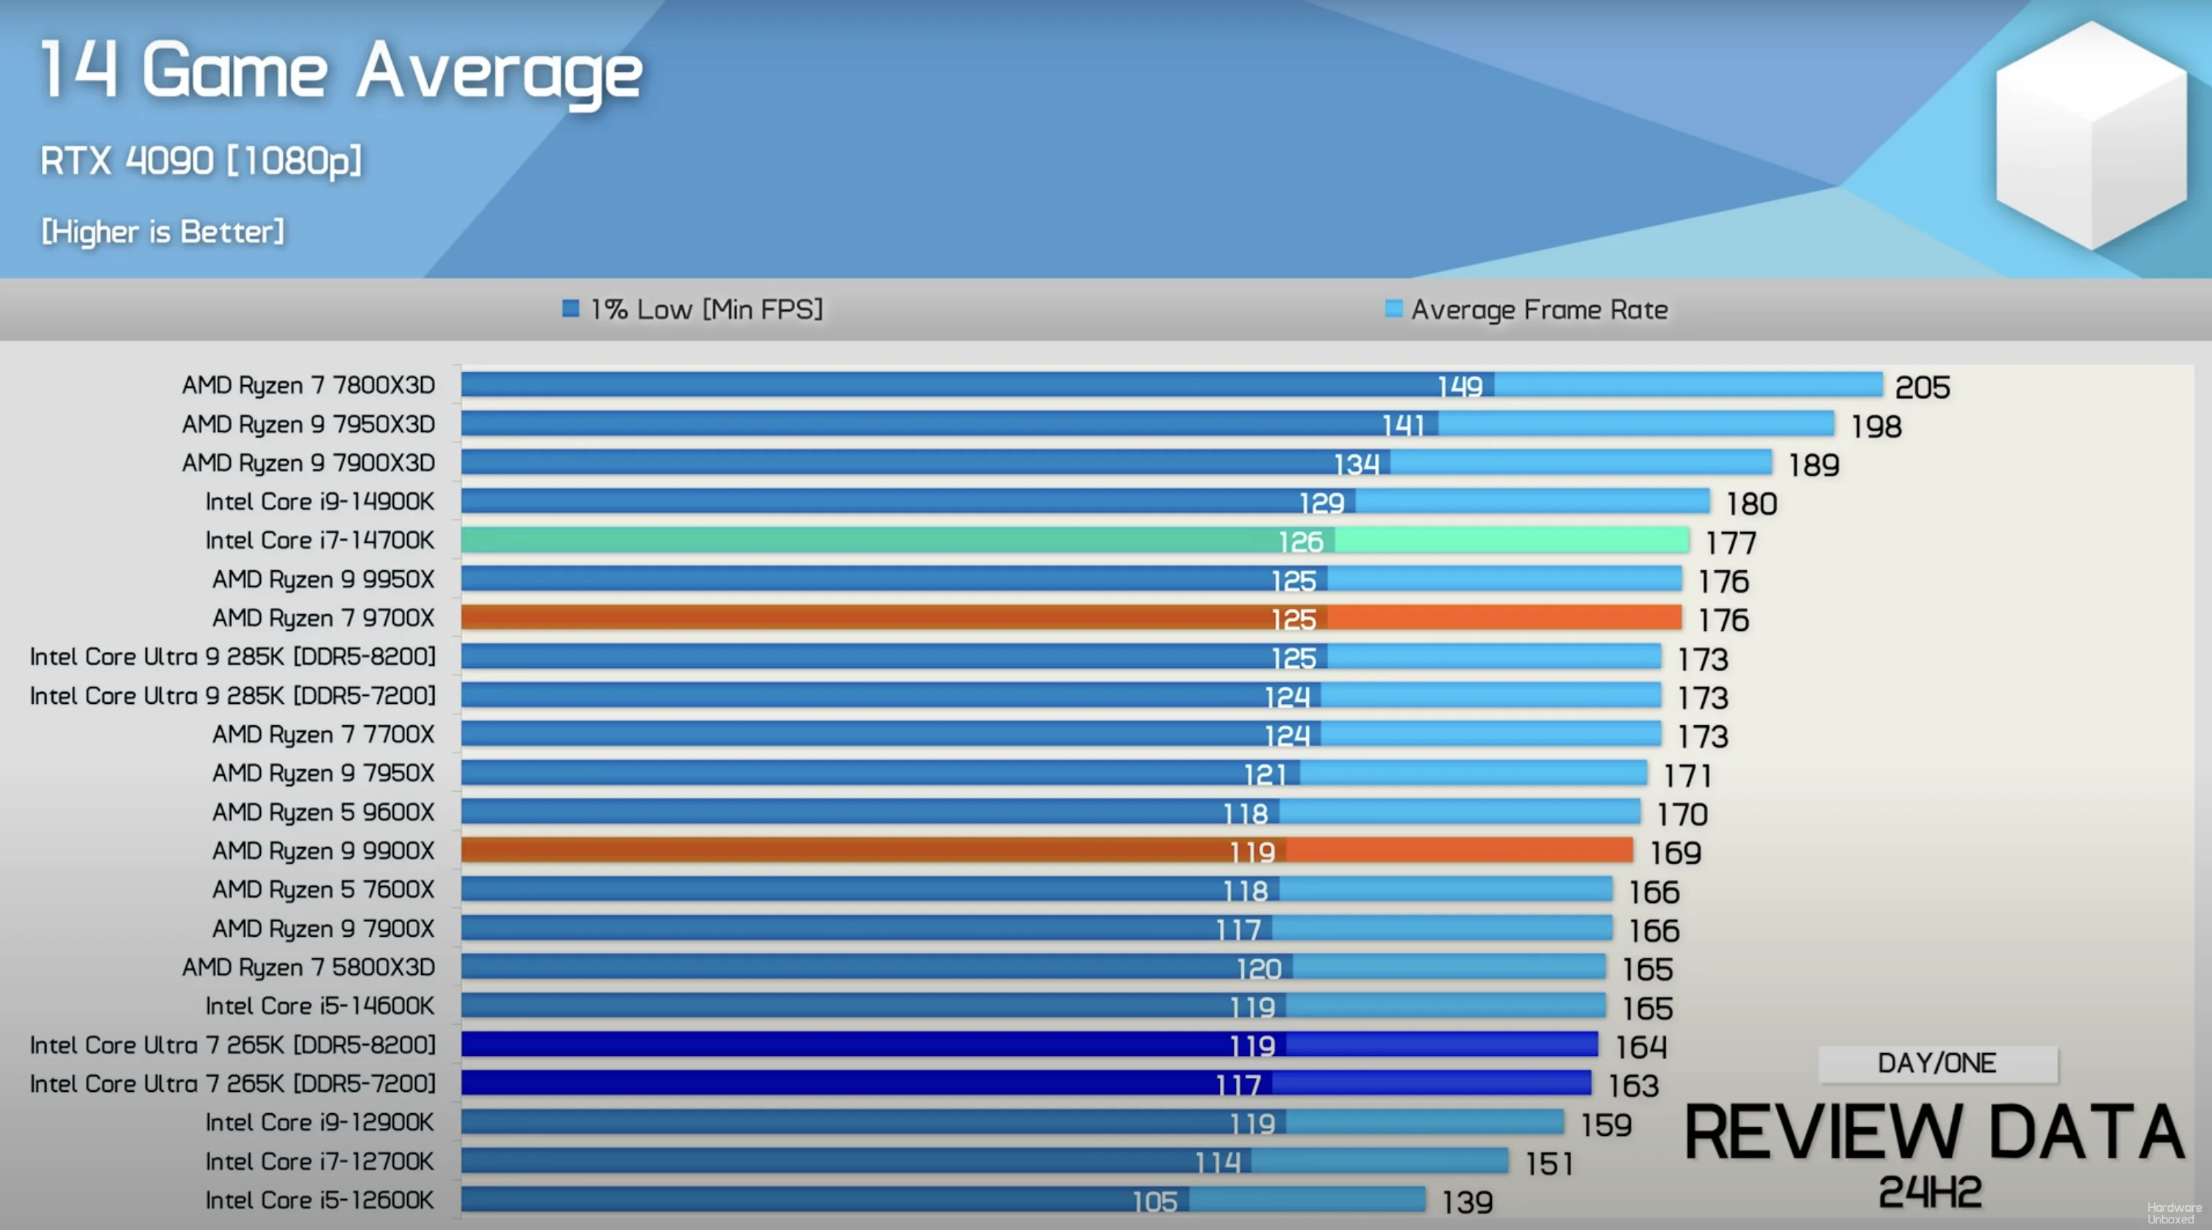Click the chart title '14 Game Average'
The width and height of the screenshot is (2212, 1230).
click(341, 72)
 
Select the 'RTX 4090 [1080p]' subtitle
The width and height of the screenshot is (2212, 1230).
click(201, 160)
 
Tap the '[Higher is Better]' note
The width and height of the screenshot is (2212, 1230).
click(163, 231)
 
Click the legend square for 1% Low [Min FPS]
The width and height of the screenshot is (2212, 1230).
click(570, 308)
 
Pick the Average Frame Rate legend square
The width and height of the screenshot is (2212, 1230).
click(1393, 308)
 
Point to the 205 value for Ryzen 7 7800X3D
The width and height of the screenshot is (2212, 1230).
click(1922, 387)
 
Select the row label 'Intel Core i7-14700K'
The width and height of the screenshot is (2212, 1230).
click(320, 541)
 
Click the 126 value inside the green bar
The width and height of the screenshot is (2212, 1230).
click(1300, 542)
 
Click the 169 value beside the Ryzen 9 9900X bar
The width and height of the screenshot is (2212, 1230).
click(1675, 852)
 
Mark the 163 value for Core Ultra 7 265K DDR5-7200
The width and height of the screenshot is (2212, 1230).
click(1633, 1086)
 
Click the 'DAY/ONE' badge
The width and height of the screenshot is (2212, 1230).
click(1937, 1063)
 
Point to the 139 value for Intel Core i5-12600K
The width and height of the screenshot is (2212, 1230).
click(1467, 1201)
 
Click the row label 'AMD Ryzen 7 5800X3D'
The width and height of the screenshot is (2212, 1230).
click(308, 968)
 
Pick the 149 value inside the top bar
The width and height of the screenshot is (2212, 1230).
click(1459, 386)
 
